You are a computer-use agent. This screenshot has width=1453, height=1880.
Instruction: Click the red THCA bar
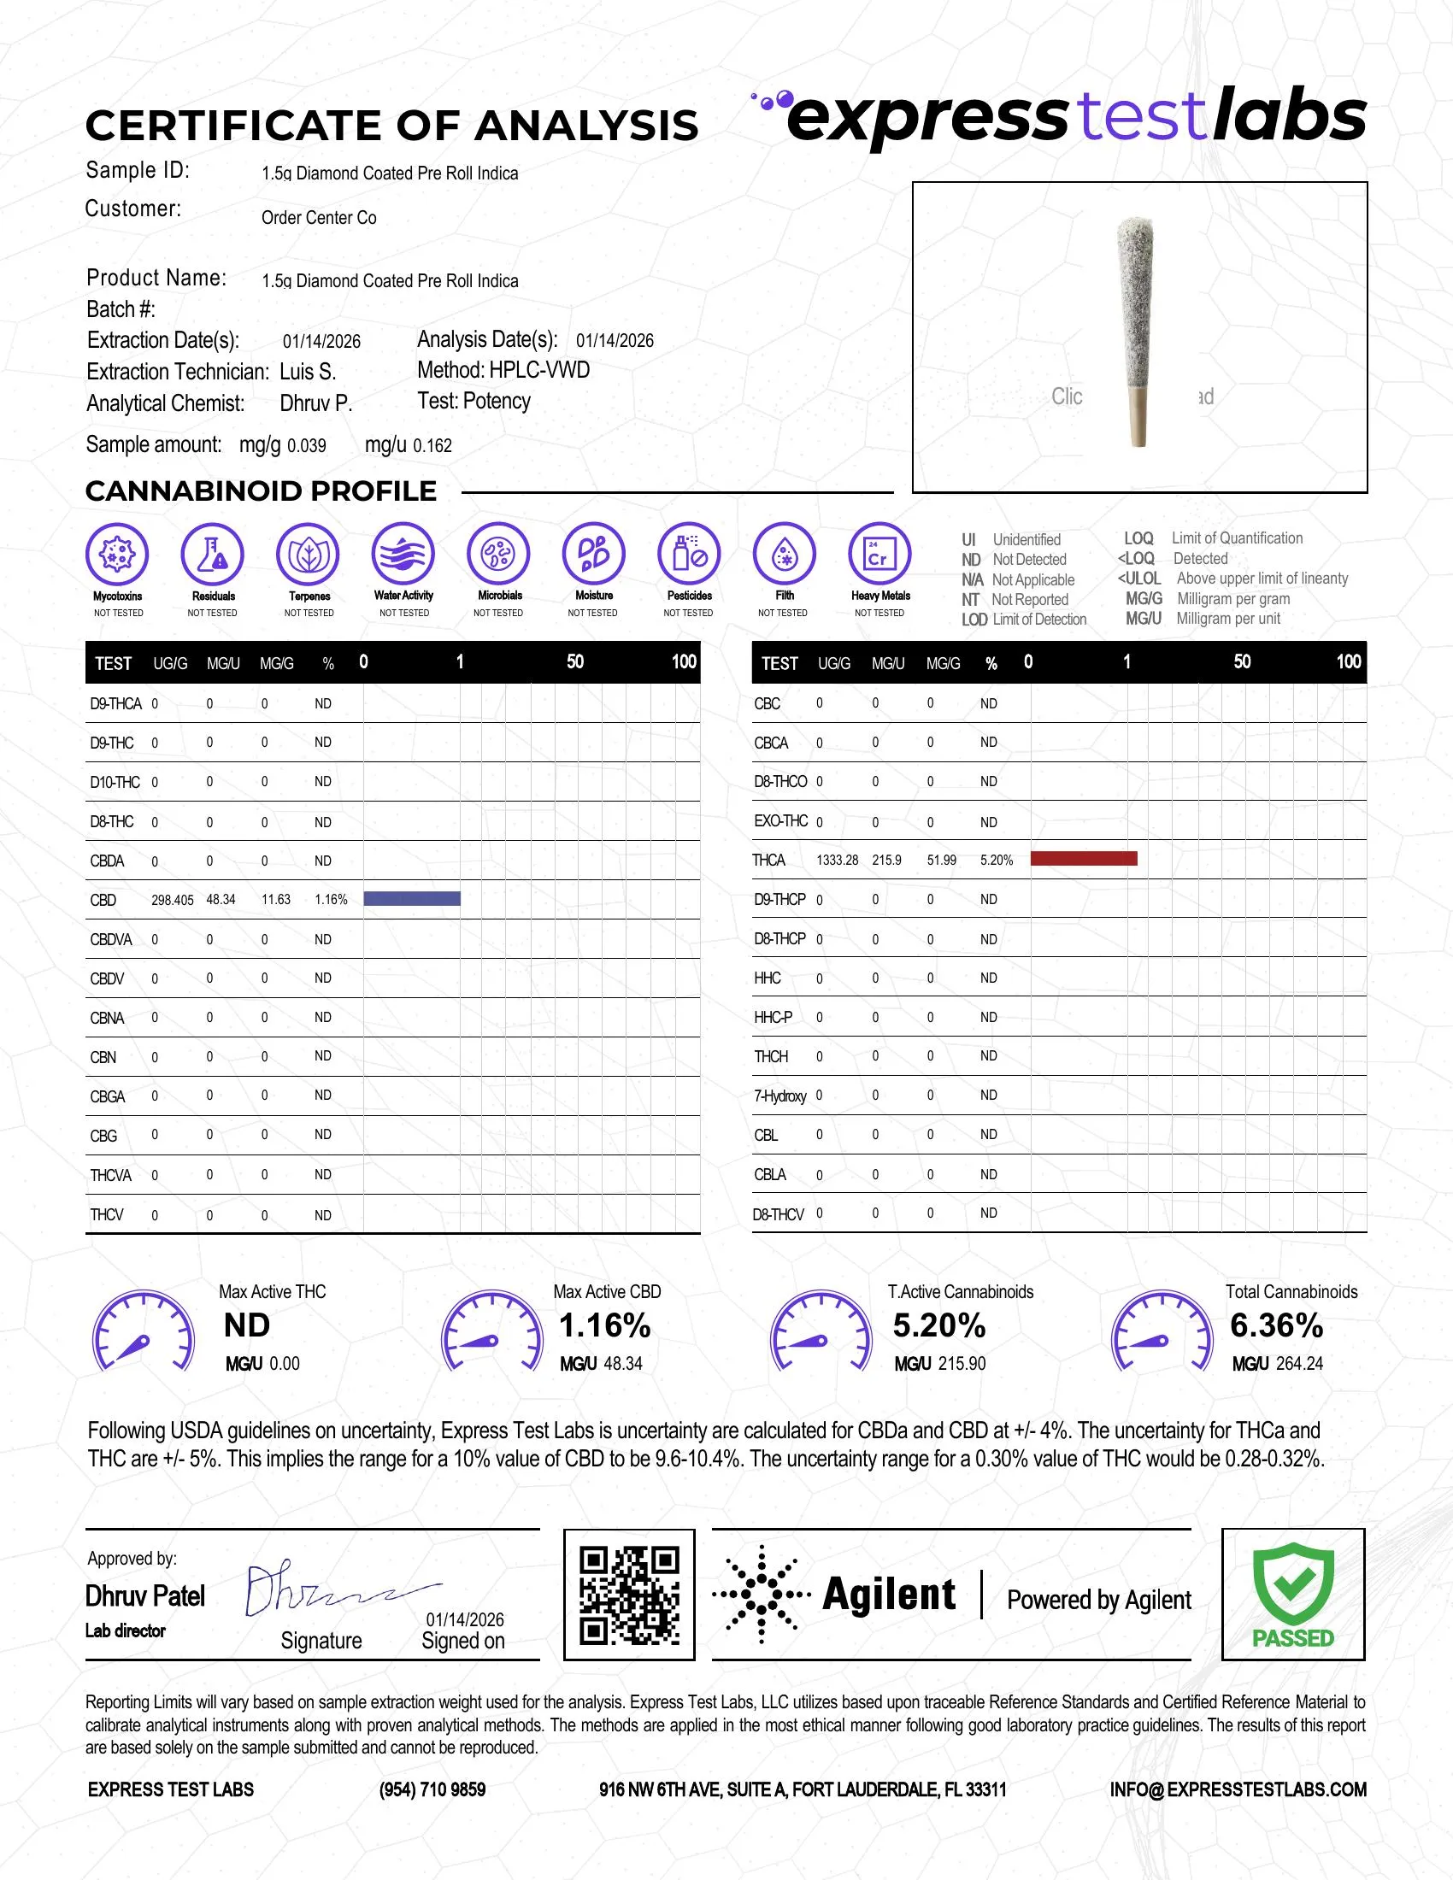pyautogui.click(x=1083, y=858)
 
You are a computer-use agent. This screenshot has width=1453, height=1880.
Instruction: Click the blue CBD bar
pyautogui.click(x=411, y=899)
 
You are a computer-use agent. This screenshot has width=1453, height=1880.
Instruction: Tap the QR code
pyautogui.click(x=629, y=1595)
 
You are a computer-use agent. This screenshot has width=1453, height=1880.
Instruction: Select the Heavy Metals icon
pyautogui.click(x=879, y=554)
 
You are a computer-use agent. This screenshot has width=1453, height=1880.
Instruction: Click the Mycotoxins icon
pyautogui.click(x=117, y=554)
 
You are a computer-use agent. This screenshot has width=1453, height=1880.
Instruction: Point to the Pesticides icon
pyautogui.click(x=689, y=554)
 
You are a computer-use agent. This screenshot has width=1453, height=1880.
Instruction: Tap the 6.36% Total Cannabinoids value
pyautogui.click(x=1276, y=1325)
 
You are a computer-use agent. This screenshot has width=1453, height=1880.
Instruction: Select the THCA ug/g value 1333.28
pyautogui.click(x=837, y=860)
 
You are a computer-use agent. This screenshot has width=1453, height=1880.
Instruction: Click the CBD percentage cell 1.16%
pyautogui.click(x=331, y=900)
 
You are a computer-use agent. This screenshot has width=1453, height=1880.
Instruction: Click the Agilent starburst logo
pyautogui.click(x=761, y=1595)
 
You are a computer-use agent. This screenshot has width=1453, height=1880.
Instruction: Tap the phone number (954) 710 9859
pyautogui.click(x=432, y=1789)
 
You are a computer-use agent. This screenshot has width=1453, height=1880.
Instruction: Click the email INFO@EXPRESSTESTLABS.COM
pyautogui.click(x=1238, y=1789)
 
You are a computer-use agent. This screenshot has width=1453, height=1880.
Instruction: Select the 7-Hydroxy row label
pyautogui.click(x=779, y=1096)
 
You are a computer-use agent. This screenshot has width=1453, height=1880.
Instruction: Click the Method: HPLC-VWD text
pyautogui.click(x=503, y=371)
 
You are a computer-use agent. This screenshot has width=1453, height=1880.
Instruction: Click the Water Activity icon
pyautogui.click(x=403, y=554)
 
